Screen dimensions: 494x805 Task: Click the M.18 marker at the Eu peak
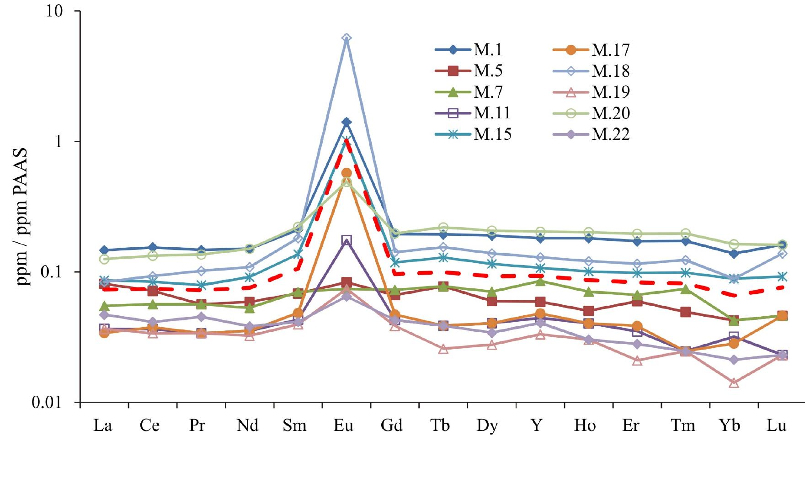[347, 38]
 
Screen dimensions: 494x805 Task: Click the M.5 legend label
[488, 71]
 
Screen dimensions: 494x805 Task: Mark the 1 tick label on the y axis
[59, 142]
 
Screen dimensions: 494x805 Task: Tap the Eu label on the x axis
[343, 425]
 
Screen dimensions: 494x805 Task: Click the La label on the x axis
[102, 425]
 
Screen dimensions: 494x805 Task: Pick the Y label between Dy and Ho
[537, 425]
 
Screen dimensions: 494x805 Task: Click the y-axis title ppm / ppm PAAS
[23, 217]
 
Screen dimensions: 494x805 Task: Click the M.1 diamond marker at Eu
[347, 122]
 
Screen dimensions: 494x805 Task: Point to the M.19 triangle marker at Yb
[734, 383]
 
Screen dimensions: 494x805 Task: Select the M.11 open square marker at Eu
[347, 240]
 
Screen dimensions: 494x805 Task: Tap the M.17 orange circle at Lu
[782, 316]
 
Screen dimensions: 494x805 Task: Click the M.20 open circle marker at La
[104, 259]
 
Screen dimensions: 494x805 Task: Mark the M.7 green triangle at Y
[540, 281]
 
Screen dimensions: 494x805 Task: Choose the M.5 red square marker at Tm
[685, 312]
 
